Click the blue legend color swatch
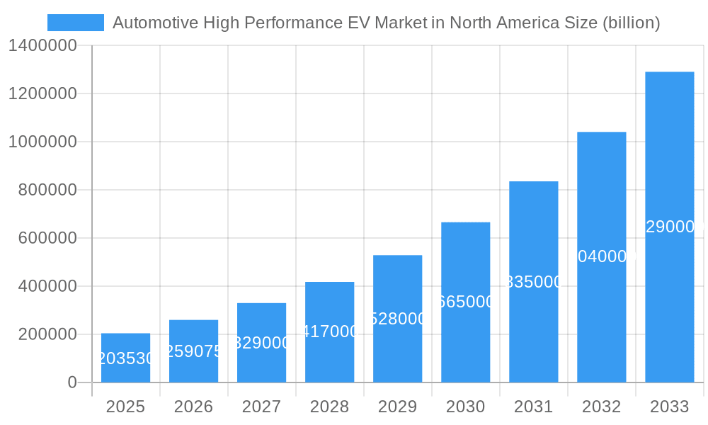75,23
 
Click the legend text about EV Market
386,23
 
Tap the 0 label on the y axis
72,382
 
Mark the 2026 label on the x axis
193,407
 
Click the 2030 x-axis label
465,407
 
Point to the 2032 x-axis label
601,407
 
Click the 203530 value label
125,358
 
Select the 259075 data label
193,351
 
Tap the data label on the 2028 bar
329,331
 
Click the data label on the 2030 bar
465,302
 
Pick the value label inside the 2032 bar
601,256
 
